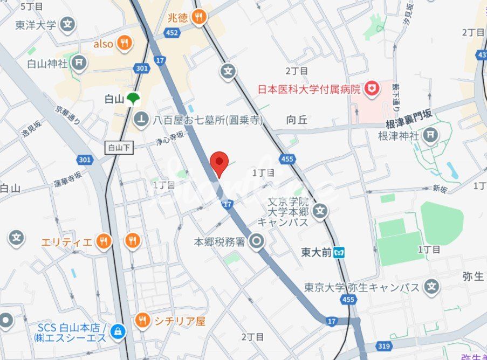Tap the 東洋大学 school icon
(x=67, y=24)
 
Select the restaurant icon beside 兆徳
(x=200, y=17)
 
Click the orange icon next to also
(x=125, y=43)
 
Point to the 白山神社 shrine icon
(x=79, y=63)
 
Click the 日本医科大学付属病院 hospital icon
(x=371, y=89)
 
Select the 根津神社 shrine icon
(x=430, y=135)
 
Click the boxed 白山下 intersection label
(x=118, y=147)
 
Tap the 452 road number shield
(x=172, y=33)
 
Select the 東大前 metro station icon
(x=340, y=252)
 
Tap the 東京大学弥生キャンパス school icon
(x=430, y=287)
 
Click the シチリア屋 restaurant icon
(x=142, y=321)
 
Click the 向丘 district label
(x=297, y=120)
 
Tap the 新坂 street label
(x=440, y=188)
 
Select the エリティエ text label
(x=66, y=242)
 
